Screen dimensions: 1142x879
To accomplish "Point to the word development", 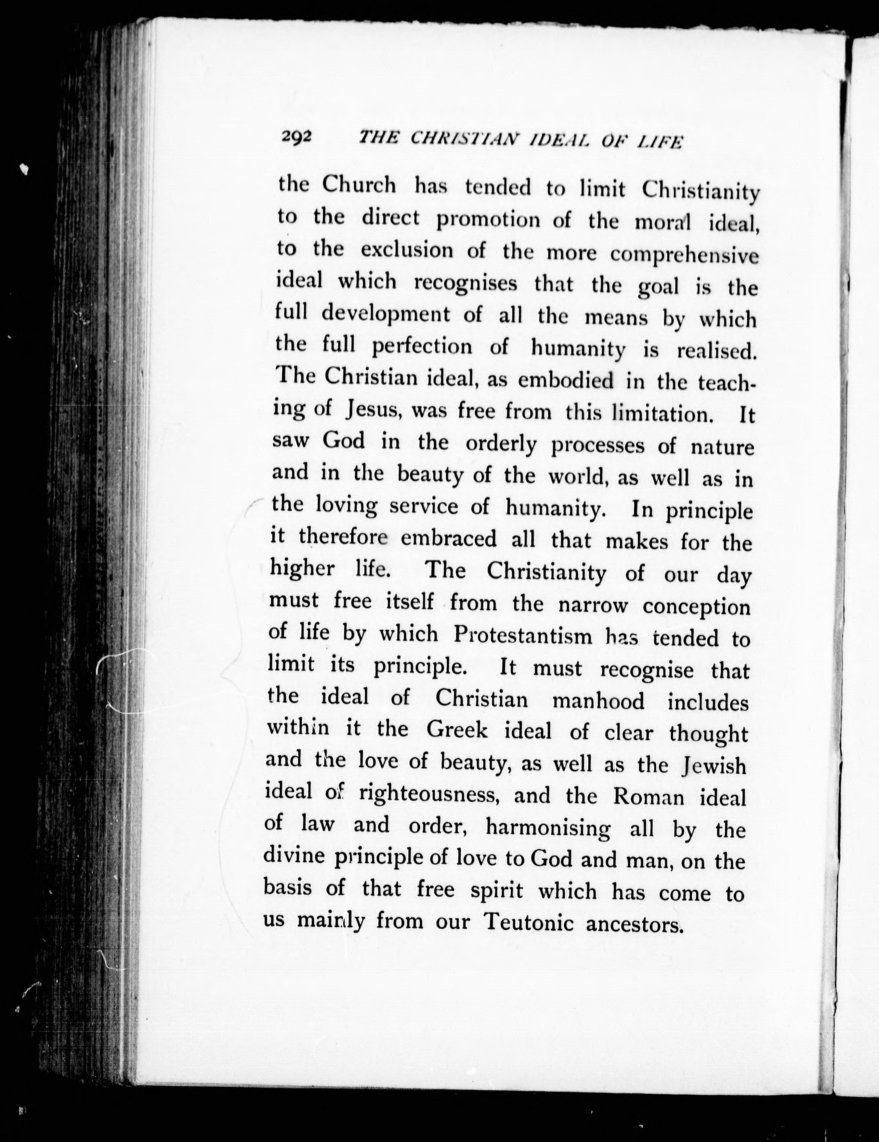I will tap(385, 314).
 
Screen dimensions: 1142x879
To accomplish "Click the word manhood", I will tap(598, 700).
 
